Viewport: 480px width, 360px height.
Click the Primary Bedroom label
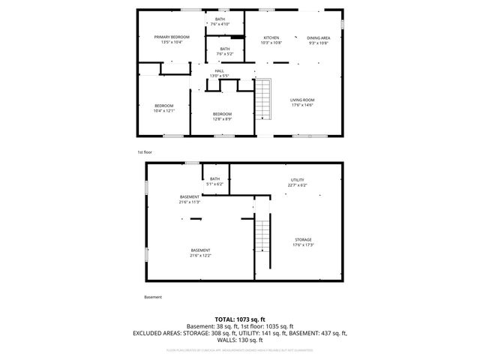pyautogui.click(x=172, y=37)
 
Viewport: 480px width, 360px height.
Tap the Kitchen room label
pyautogui.click(x=271, y=37)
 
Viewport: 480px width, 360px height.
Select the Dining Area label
pyautogui.click(x=318, y=37)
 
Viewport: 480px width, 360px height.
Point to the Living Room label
pyautogui.click(x=302, y=100)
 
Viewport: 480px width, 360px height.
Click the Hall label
pyautogui.click(x=220, y=71)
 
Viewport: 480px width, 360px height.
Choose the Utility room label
pyautogui.click(x=297, y=180)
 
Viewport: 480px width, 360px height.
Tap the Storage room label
pyautogui.click(x=302, y=240)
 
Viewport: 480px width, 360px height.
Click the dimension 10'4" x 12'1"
pyautogui.click(x=163, y=111)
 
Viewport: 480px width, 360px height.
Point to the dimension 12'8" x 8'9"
pyautogui.click(x=222, y=118)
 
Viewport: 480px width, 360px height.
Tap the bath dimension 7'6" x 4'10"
pyautogui.click(x=220, y=23)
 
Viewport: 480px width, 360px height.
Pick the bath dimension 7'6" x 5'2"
pyautogui.click(x=225, y=54)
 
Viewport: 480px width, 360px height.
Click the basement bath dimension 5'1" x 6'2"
pyautogui.click(x=214, y=184)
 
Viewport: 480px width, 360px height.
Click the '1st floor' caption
pyautogui.click(x=145, y=152)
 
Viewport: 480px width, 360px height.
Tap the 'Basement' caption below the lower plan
pyautogui.click(x=152, y=297)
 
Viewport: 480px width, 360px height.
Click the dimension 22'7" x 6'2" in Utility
pyautogui.click(x=297, y=184)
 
